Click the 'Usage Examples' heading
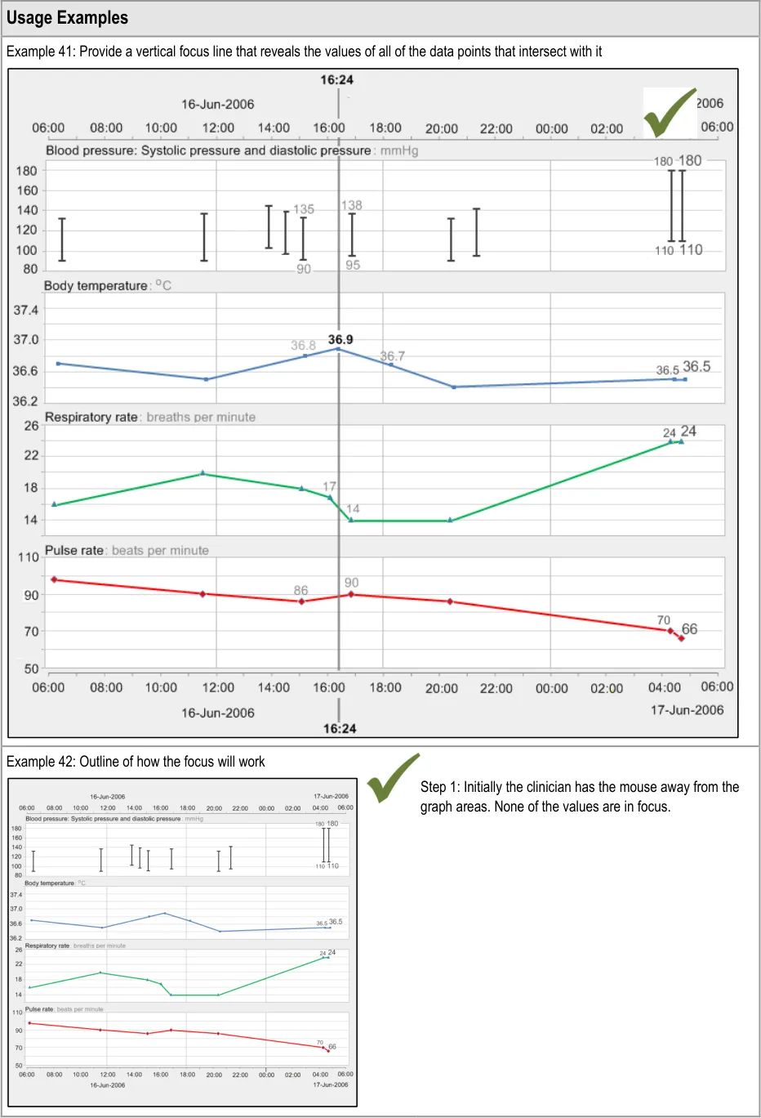pyautogui.click(x=67, y=18)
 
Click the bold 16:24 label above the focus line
pyautogui.click(x=336, y=80)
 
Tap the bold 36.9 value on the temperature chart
pyautogui.click(x=340, y=339)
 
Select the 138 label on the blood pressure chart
pyautogui.click(x=352, y=205)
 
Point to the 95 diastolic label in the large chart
pyautogui.click(x=353, y=265)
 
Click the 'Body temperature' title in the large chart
pyautogui.click(x=96, y=285)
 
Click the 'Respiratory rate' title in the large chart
pyautogui.click(x=91, y=417)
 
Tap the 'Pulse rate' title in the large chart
pyautogui.click(x=74, y=550)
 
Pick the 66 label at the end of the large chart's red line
pyautogui.click(x=690, y=628)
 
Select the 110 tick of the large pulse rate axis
pyautogui.click(x=29, y=557)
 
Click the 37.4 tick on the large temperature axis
pyautogui.click(x=26, y=311)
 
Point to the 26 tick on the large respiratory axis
pyautogui.click(x=31, y=426)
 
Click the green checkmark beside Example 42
pyautogui.click(x=393, y=777)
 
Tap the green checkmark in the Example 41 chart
pyautogui.click(x=670, y=113)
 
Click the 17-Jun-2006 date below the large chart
pyautogui.click(x=687, y=709)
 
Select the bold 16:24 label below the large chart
pyautogui.click(x=340, y=728)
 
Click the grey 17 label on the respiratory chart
pyautogui.click(x=329, y=486)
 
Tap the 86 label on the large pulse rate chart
pyautogui.click(x=300, y=590)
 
